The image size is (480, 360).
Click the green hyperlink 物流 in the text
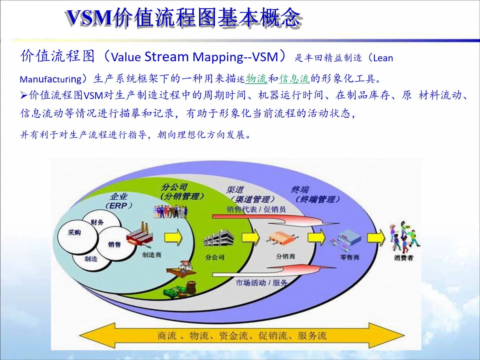tap(256, 79)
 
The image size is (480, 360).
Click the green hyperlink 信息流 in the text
tap(294, 79)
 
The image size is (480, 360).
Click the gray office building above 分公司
tap(219, 240)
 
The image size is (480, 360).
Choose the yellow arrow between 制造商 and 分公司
tap(173, 237)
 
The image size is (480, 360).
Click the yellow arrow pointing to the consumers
tap(376, 237)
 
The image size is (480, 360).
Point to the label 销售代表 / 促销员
tap(256, 209)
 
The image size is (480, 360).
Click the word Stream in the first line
tap(167, 56)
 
